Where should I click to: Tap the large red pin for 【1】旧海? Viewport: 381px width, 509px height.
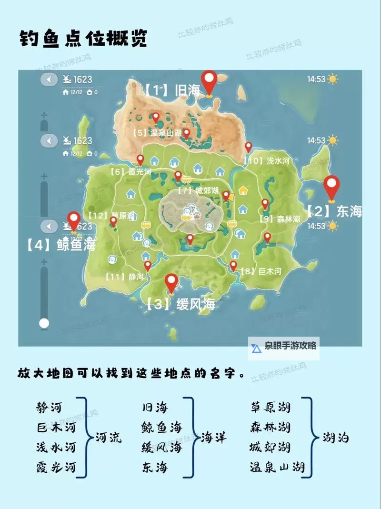[x=209, y=82]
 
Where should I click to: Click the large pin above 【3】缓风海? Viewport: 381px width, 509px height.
[x=171, y=283]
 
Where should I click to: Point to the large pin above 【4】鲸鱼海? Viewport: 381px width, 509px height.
[x=74, y=221]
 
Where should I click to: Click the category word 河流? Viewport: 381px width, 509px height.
[x=109, y=437]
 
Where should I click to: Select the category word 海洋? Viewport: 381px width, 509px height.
[x=213, y=437]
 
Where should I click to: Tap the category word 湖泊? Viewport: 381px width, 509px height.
[x=335, y=437]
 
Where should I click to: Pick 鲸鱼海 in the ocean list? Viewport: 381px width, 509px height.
[x=161, y=427]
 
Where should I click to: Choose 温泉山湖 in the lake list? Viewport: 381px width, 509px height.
[x=277, y=467]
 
